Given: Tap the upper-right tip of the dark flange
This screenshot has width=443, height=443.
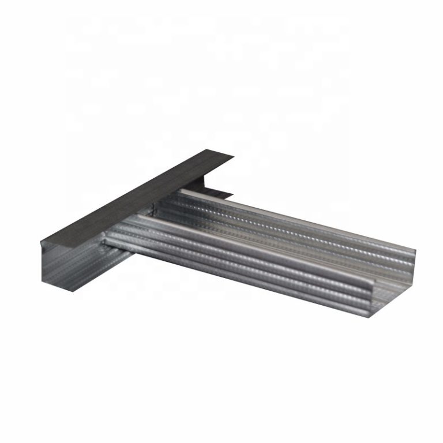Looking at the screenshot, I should (x=233, y=155).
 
